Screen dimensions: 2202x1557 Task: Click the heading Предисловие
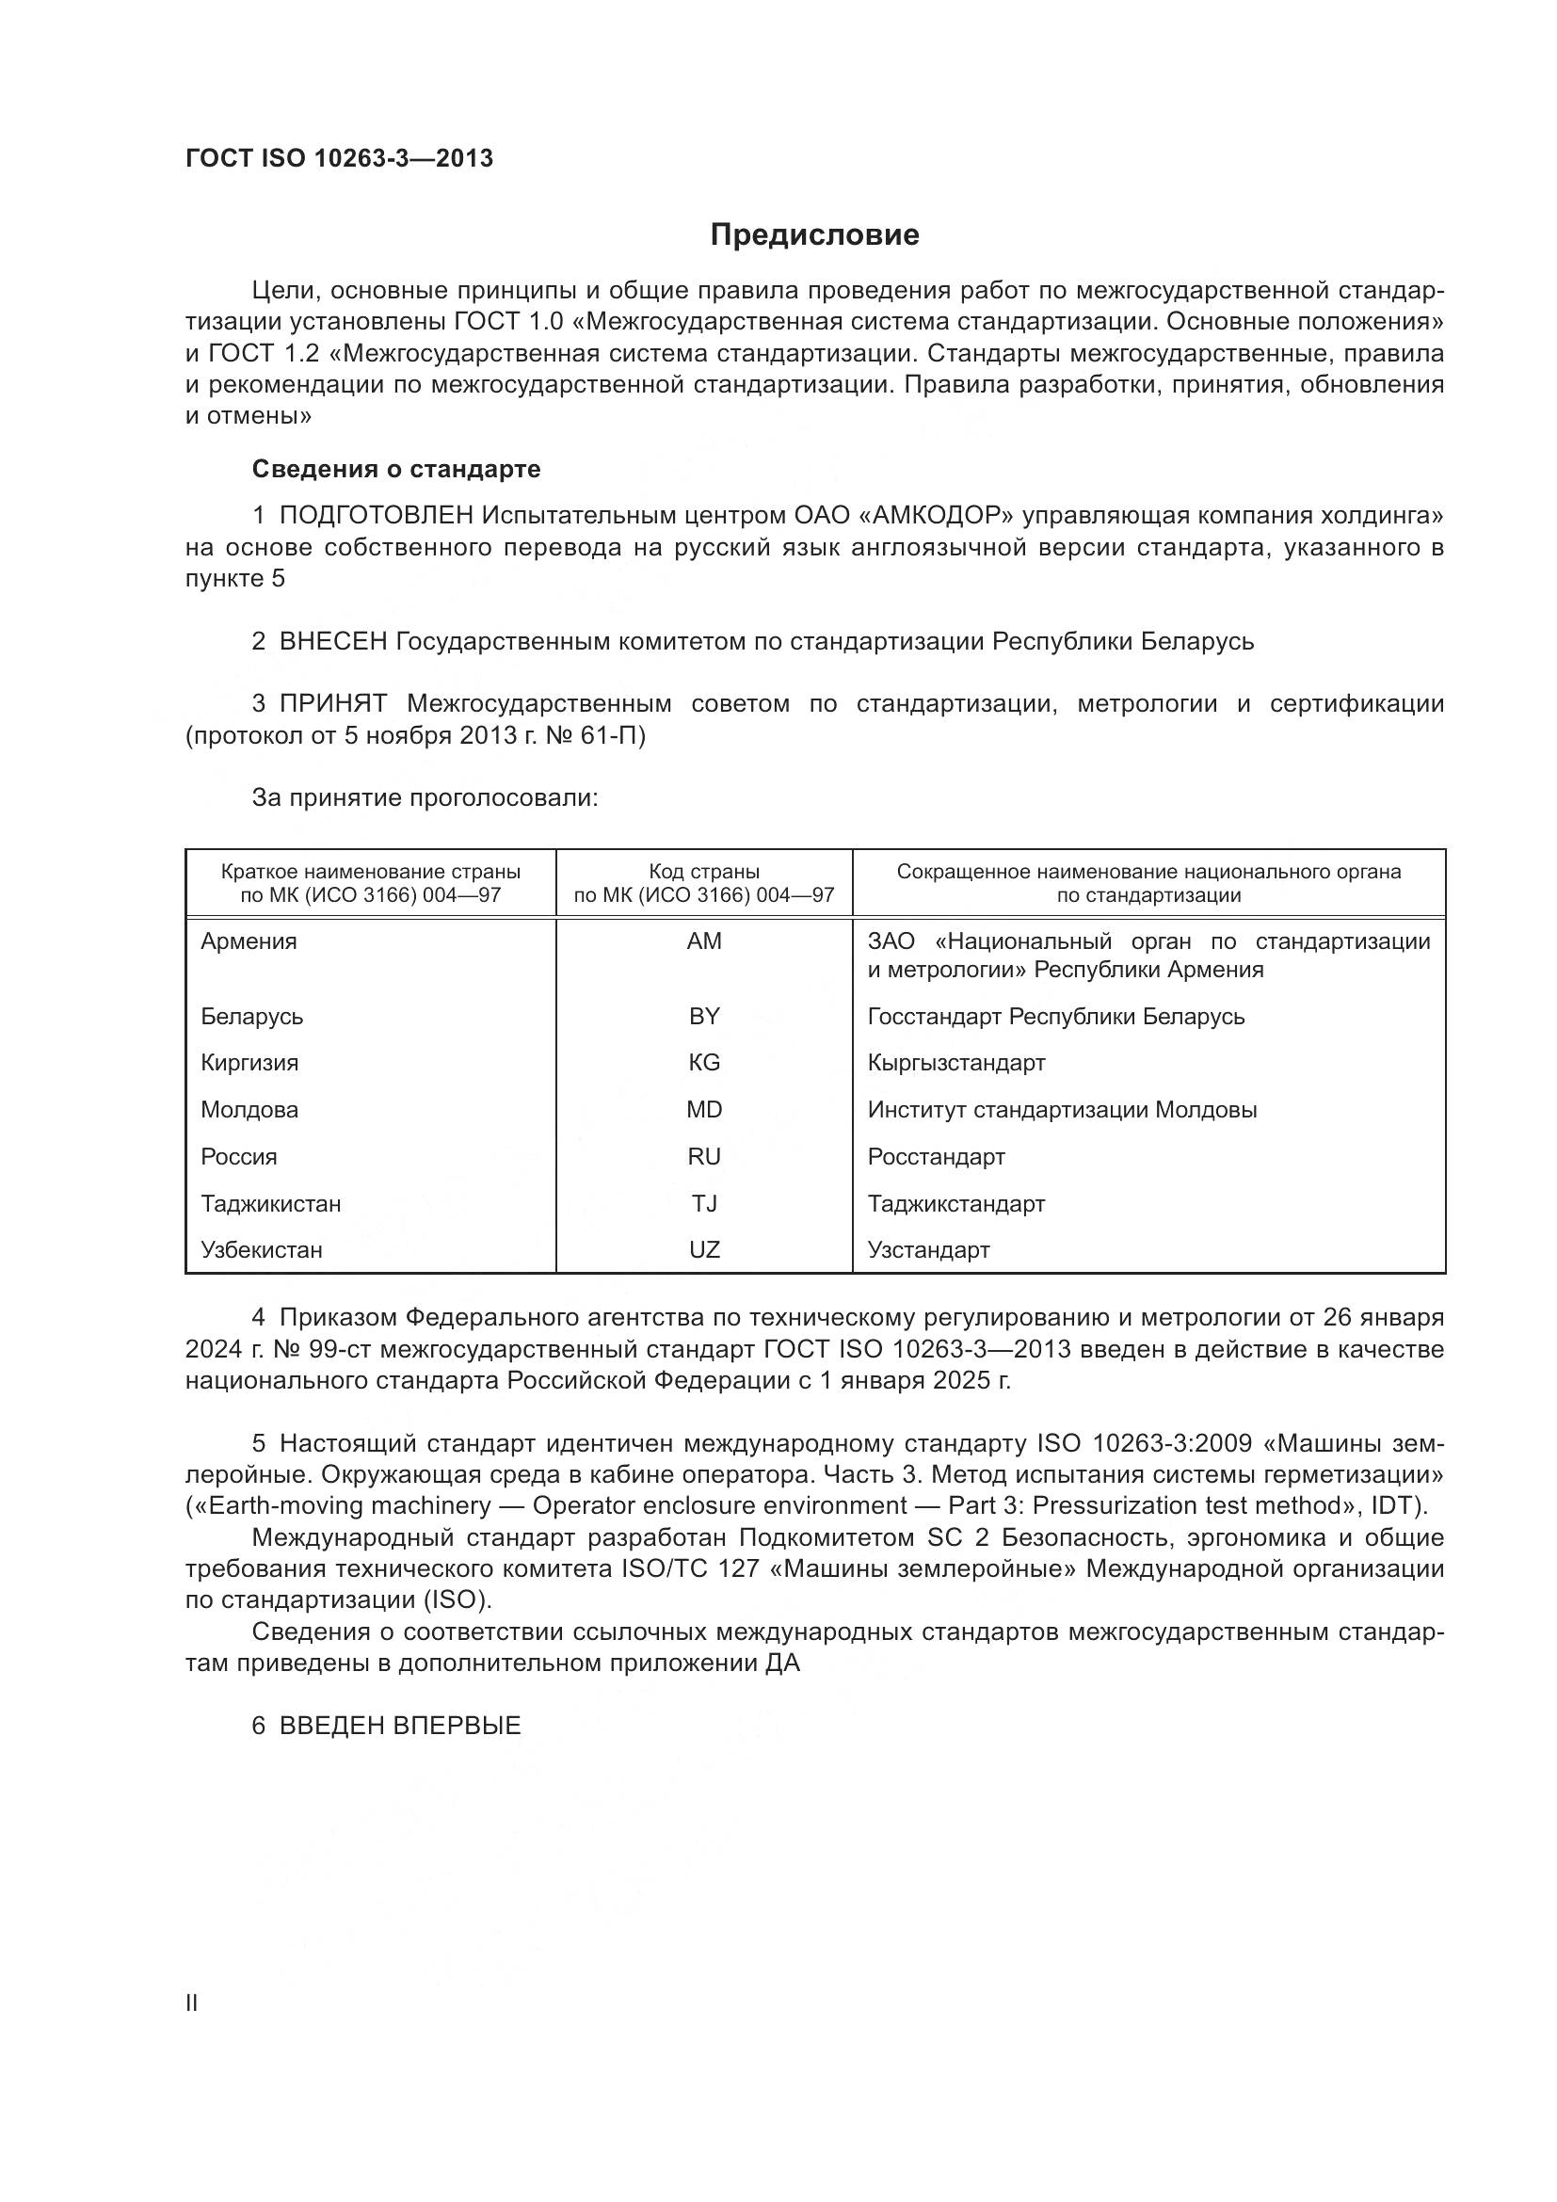point(815,235)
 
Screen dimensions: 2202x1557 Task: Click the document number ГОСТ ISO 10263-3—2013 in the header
point(340,158)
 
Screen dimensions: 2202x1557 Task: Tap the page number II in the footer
point(192,2002)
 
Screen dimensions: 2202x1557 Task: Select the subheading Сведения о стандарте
point(396,469)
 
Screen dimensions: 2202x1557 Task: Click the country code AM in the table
point(704,941)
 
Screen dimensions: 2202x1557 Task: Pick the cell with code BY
point(704,1017)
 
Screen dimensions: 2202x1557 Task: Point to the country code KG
point(704,1063)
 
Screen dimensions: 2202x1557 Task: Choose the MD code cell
point(704,1110)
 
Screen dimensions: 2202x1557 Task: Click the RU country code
point(704,1157)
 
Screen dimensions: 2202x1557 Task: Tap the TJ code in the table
point(704,1204)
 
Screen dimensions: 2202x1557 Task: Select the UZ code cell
point(704,1249)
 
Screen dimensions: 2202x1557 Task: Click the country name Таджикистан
point(270,1204)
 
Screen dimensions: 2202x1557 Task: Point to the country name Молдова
point(249,1110)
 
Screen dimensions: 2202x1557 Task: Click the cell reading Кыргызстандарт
point(955,1063)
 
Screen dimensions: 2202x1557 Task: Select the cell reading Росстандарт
point(936,1157)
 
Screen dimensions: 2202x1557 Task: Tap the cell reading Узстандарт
point(928,1249)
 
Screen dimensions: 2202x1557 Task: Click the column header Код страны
point(704,872)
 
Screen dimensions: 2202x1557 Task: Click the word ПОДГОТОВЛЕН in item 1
point(376,516)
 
